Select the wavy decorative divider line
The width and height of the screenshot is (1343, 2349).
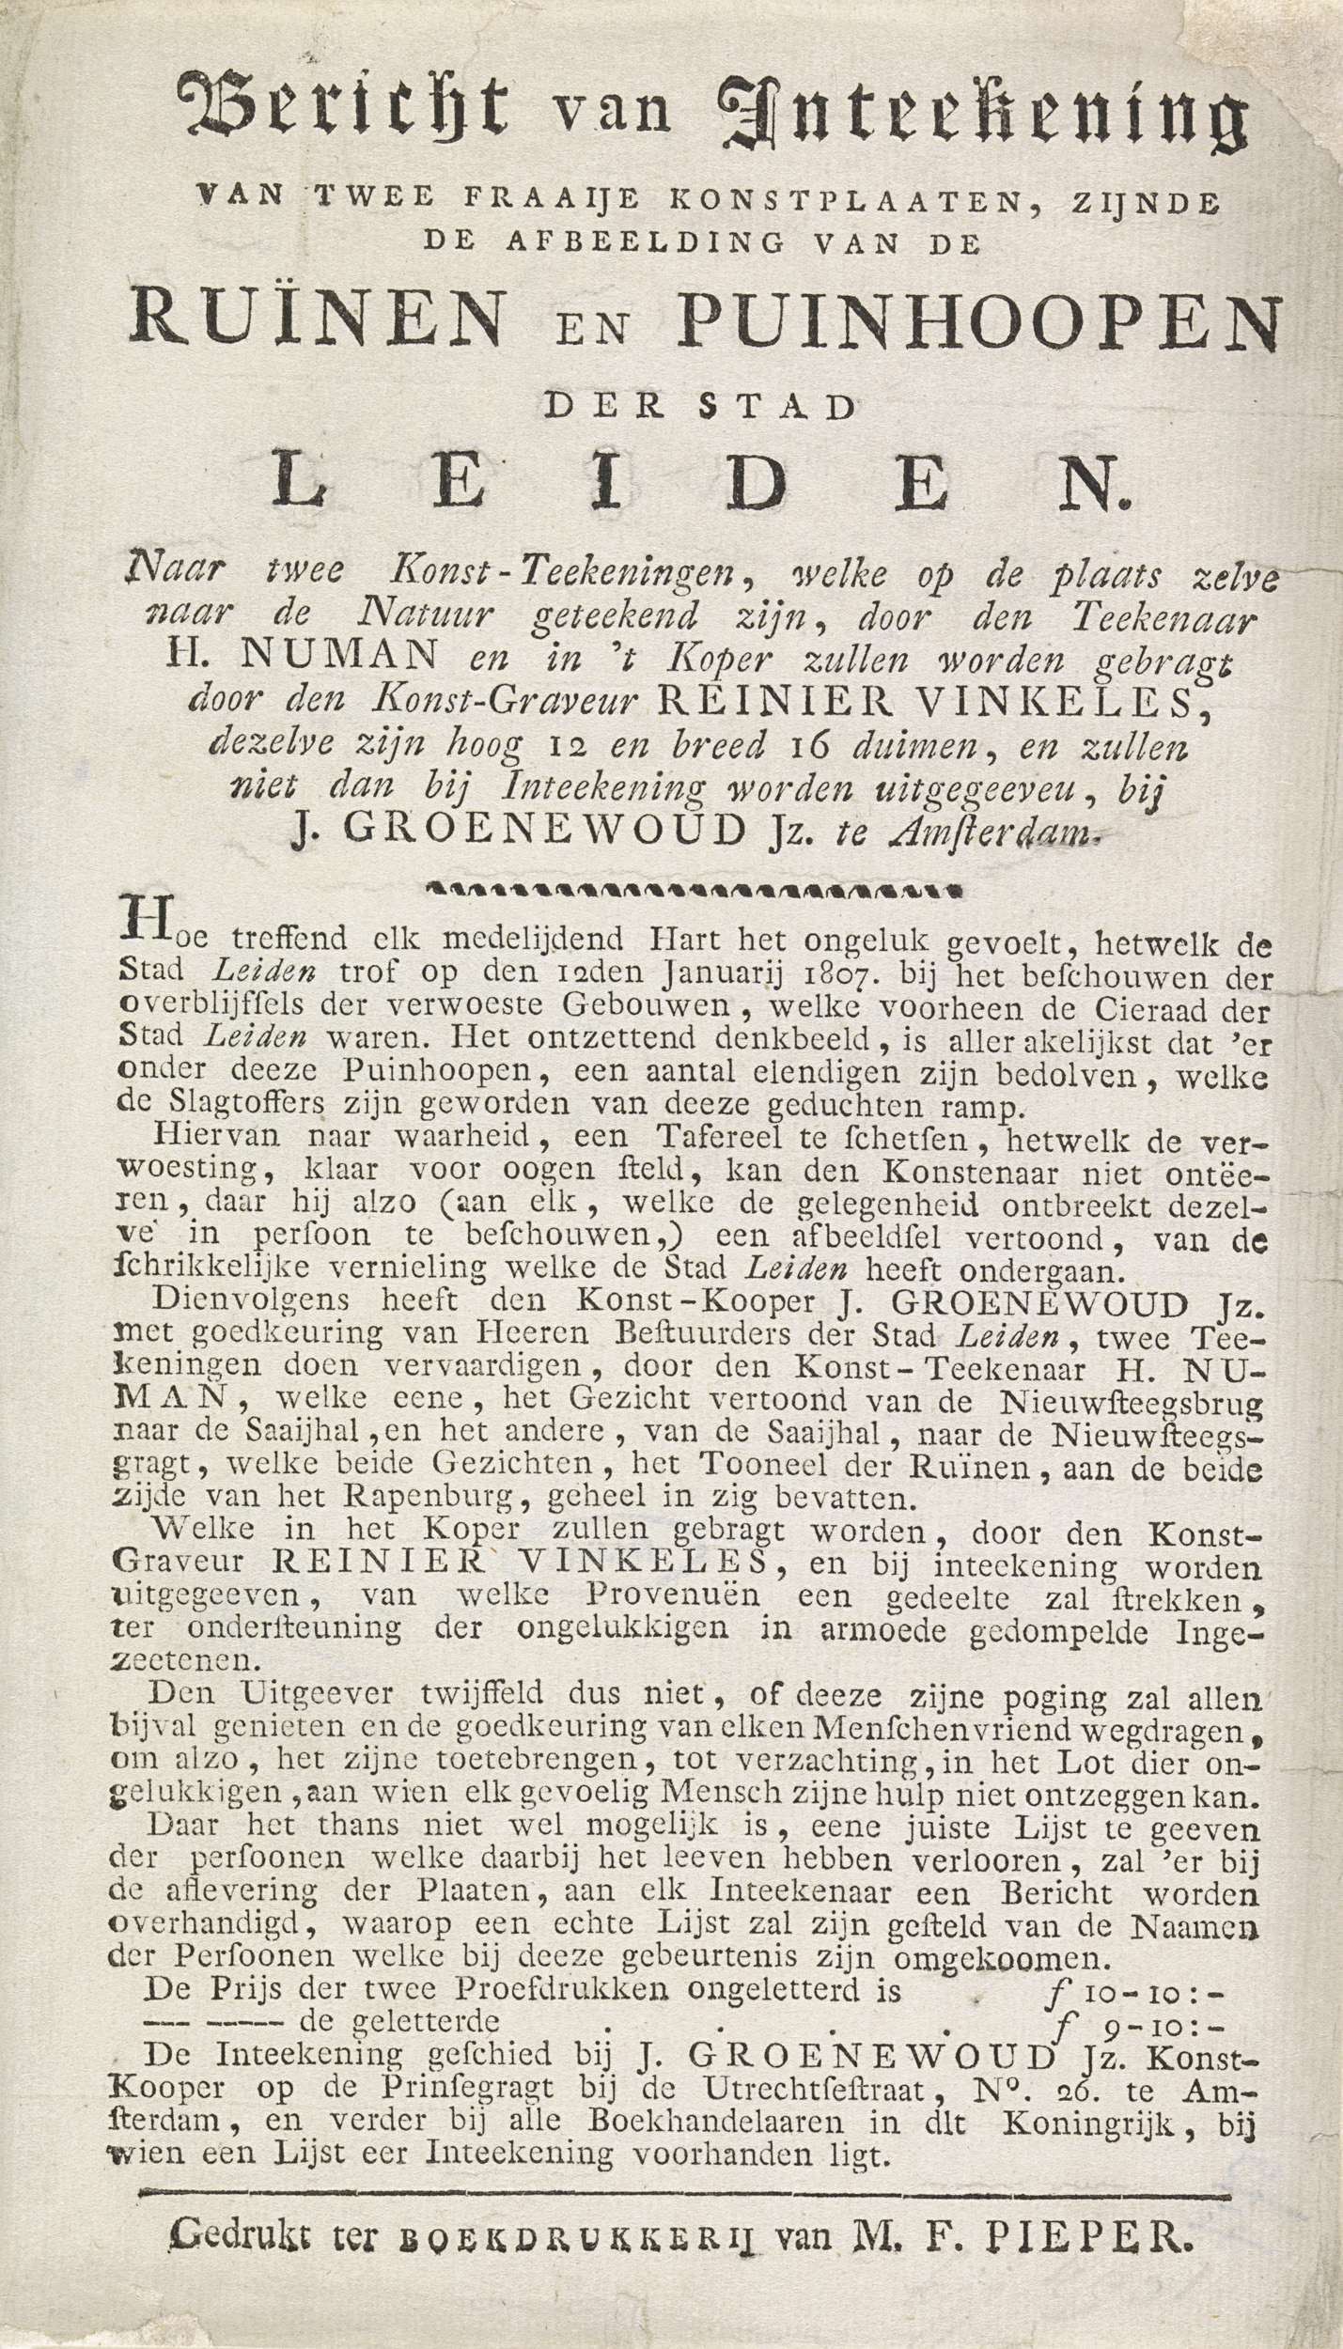point(693,887)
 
